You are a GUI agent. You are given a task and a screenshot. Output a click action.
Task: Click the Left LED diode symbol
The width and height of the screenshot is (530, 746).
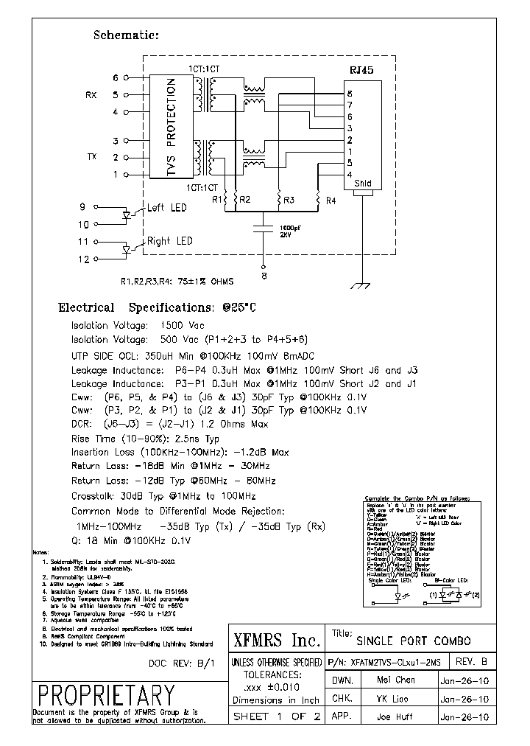pyautogui.click(x=126, y=215)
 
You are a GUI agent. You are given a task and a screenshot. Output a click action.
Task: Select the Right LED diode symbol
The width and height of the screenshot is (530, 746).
pyautogui.click(x=126, y=250)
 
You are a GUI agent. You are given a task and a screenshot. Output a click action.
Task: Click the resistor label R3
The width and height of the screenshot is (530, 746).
pyautogui.click(x=289, y=200)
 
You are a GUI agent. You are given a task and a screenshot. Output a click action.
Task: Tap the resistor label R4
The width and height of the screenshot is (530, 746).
pyautogui.click(x=331, y=200)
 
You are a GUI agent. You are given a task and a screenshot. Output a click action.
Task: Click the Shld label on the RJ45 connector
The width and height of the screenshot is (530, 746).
pyautogui.click(x=363, y=184)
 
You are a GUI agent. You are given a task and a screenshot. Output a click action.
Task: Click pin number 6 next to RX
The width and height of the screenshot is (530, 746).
pyautogui.click(x=115, y=77)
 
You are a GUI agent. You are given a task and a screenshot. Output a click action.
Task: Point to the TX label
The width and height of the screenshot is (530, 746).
pyautogui.click(x=92, y=157)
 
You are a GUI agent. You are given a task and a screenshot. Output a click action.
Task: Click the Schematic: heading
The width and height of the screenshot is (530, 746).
pyautogui.click(x=126, y=35)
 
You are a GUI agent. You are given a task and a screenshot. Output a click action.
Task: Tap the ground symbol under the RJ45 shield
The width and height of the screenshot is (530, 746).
pyautogui.click(x=361, y=284)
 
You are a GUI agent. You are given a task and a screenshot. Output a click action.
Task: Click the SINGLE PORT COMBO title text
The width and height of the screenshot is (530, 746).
pyautogui.click(x=413, y=641)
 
